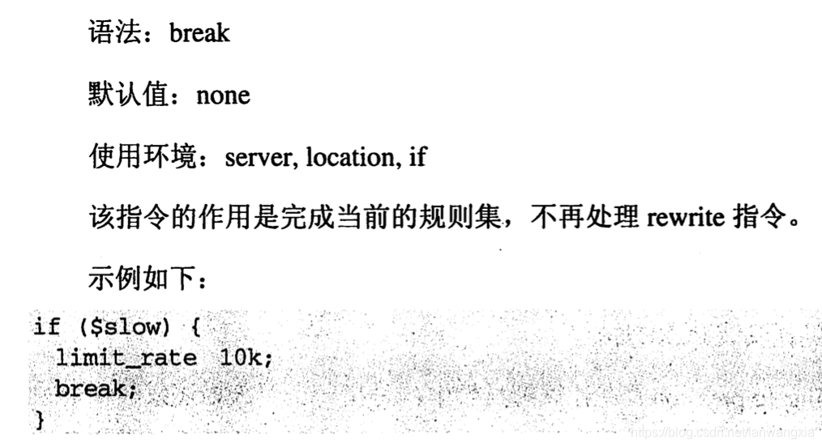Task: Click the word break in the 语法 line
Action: (x=199, y=33)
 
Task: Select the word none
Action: (x=223, y=96)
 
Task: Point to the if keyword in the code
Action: (x=46, y=326)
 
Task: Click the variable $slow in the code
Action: (x=121, y=326)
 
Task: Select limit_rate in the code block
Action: (x=126, y=357)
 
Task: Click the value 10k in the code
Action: (x=240, y=357)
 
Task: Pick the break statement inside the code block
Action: (x=89, y=389)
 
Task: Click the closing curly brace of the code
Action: (x=39, y=419)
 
